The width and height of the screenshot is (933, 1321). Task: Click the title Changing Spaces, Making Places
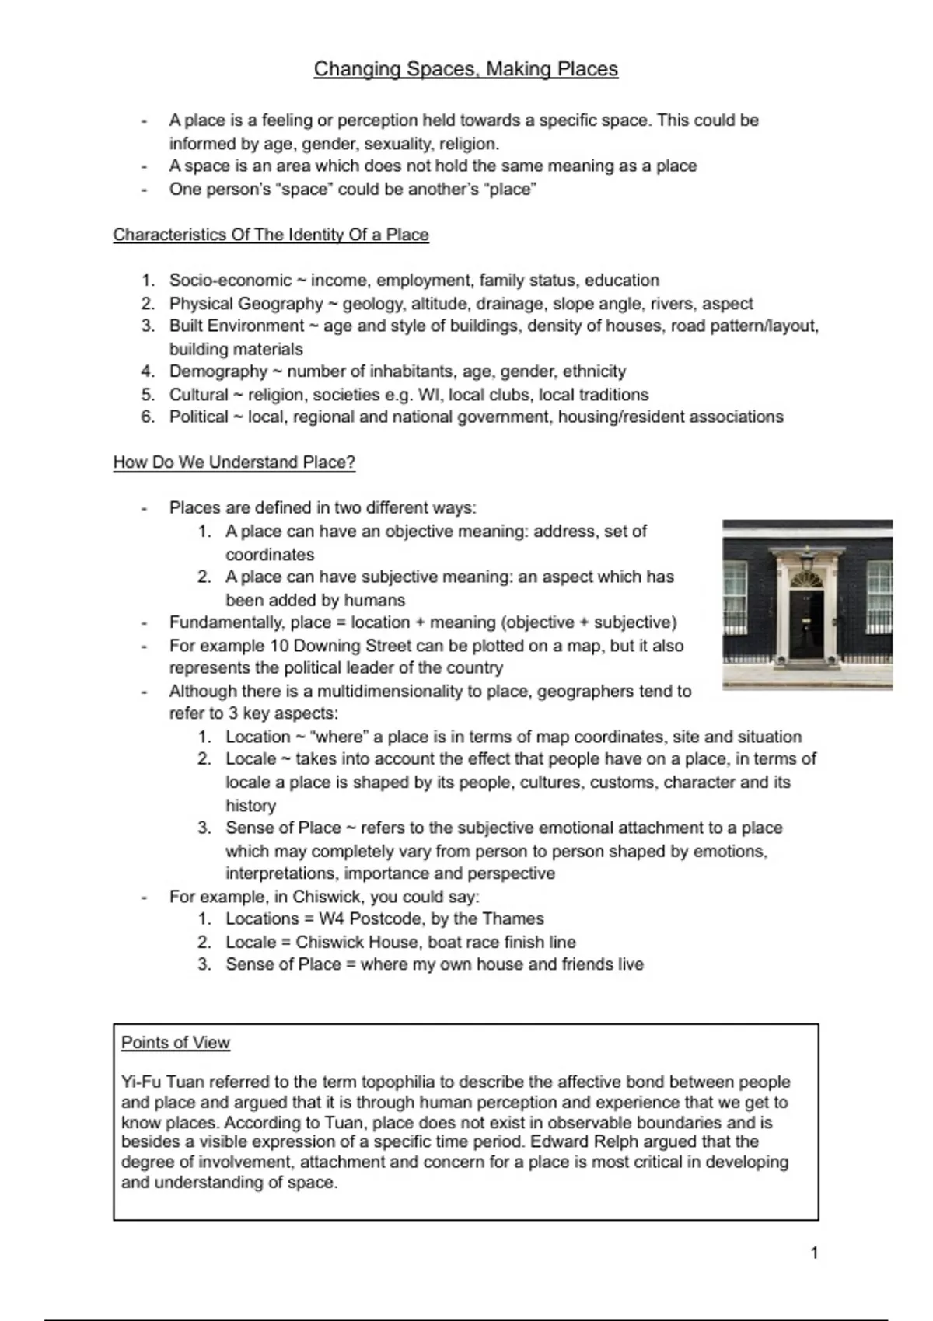click(466, 69)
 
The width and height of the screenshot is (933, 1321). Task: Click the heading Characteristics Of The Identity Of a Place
click(271, 235)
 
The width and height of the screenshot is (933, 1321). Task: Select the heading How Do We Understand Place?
click(234, 462)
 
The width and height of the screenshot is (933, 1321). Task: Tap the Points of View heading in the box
click(176, 1043)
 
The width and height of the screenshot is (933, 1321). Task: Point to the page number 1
click(814, 1253)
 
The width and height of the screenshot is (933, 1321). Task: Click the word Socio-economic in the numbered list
click(230, 281)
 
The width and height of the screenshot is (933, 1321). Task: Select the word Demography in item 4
click(218, 371)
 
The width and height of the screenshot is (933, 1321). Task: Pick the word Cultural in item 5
click(198, 395)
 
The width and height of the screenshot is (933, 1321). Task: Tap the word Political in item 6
click(198, 417)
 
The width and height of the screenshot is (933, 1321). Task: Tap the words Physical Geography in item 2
click(246, 304)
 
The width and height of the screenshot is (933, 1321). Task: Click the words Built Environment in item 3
click(236, 326)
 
